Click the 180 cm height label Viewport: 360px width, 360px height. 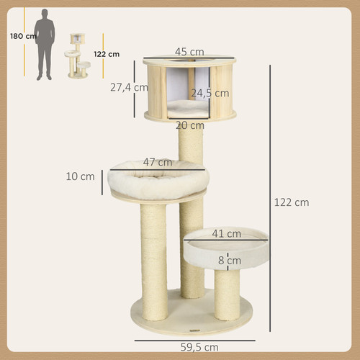(23, 36)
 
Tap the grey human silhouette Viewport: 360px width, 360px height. (45, 45)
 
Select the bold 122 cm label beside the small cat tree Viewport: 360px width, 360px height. (107, 54)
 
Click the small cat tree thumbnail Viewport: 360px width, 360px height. (78, 55)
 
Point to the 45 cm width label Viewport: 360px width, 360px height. (189, 52)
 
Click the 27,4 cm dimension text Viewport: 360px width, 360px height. (129, 87)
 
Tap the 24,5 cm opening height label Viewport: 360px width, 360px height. (210, 93)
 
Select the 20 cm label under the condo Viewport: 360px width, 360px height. (190, 125)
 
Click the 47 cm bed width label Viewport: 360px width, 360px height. (158, 162)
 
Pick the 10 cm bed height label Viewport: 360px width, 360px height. (80, 176)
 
